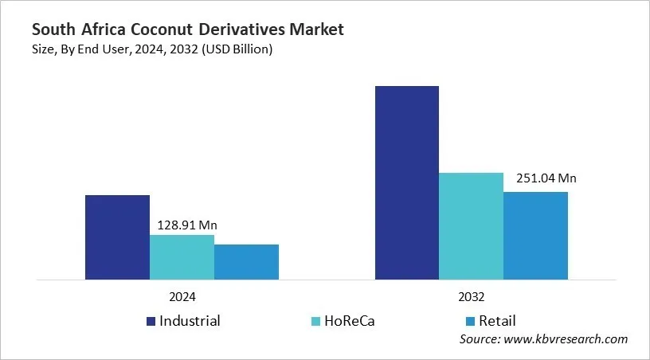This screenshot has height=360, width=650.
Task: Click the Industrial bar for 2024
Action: coord(117,237)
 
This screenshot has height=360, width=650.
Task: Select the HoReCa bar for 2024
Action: coord(182,257)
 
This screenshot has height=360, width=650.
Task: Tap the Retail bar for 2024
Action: coord(246,262)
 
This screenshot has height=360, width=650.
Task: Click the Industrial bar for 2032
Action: coord(407,183)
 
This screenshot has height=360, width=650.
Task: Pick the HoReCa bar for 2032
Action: coord(472,226)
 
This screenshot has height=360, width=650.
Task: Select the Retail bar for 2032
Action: coord(536,236)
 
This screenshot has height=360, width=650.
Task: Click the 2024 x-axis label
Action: coord(182,295)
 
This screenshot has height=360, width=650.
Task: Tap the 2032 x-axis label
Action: coord(472,295)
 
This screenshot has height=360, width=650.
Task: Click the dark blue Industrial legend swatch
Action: coord(151,322)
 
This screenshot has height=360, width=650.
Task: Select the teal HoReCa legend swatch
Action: coord(316,322)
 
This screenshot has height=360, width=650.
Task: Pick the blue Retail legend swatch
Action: coord(470,322)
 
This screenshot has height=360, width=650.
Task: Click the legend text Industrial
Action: coord(190,321)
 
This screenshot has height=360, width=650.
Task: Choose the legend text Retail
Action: coord(497,321)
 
